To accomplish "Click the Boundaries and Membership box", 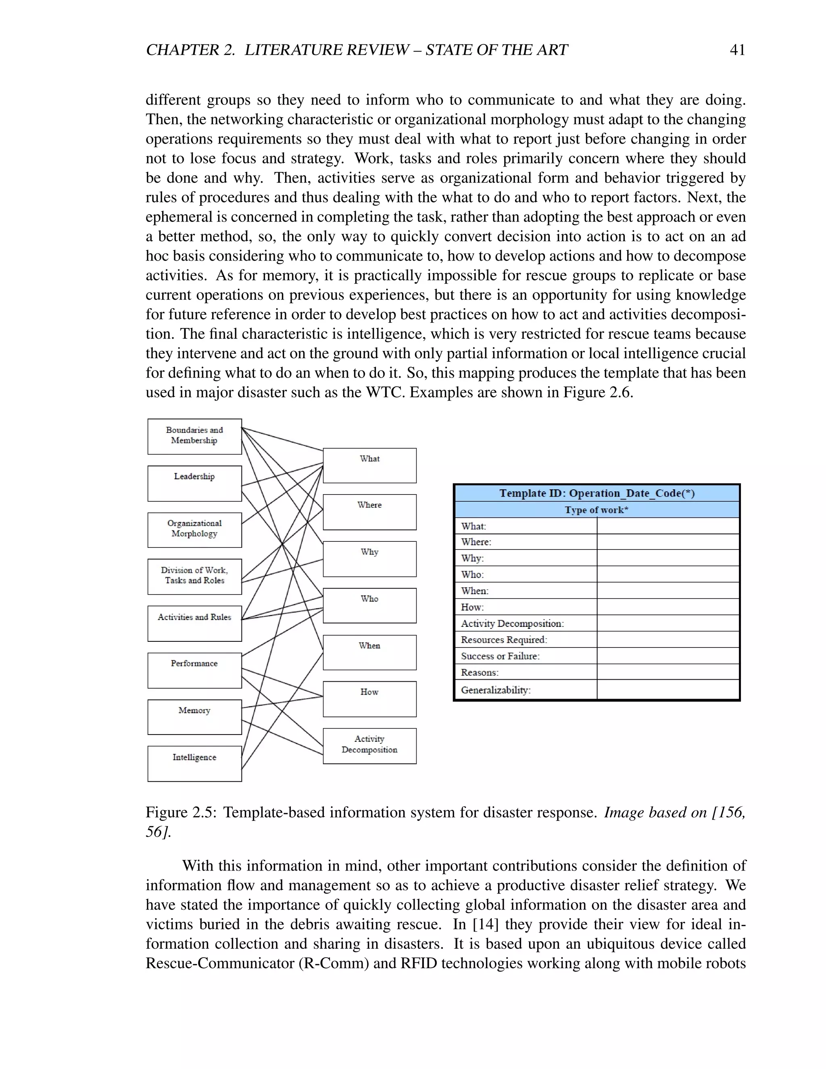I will (194, 436).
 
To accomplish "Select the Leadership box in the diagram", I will (194, 483).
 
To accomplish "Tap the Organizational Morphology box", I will (194, 530).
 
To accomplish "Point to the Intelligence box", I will (194, 763).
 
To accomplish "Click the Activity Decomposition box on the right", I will (369, 745).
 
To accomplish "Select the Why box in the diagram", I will (369, 558).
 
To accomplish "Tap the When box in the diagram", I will (369, 652).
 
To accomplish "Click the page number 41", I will (737, 50).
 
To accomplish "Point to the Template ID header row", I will (597, 493).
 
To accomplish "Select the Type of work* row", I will (597, 509).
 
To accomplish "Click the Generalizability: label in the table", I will (496, 690).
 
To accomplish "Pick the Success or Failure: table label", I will (500, 656).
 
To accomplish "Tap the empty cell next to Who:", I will (667, 574).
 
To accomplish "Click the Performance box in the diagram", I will (194, 670).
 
